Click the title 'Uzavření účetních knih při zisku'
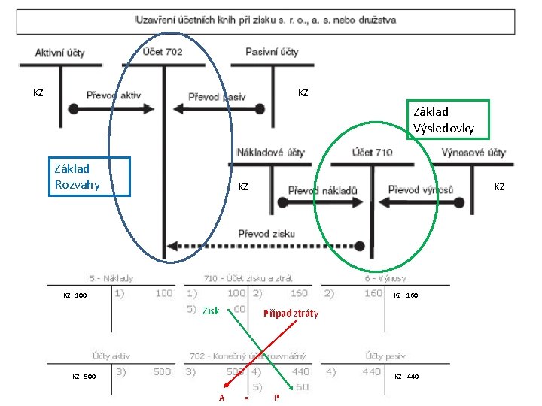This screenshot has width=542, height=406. click(x=266, y=20)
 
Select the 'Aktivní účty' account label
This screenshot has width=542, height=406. click(x=59, y=53)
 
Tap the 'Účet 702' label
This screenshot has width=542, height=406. click(x=163, y=52)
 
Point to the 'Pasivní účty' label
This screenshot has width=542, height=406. click(x=272, y=52)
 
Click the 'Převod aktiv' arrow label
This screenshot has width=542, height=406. click(x=114, y=95)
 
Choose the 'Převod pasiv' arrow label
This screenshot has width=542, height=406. click(x=217, y=97)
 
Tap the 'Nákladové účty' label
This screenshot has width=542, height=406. click(x=270, y=153)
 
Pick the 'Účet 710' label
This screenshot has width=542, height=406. click(x=372, y=153)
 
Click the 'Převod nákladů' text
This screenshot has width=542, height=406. click(x=322, y=191)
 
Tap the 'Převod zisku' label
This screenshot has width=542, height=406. click(x=266, y=234)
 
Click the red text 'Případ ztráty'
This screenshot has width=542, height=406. click(x=291, y=314)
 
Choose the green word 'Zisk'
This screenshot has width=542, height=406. click(x=211, y=311)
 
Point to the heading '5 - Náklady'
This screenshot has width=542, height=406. click(x=111, y=278)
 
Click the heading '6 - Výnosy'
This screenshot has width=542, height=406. click(x=384, y=278)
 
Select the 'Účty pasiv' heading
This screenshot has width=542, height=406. click(x=384, y=356)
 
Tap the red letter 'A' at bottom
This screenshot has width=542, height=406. click(x=221, y=398)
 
